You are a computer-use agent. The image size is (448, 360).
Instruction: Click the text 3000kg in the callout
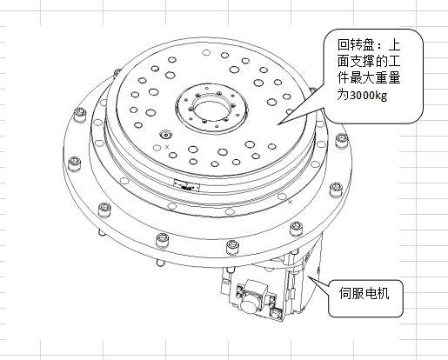coord(369,95)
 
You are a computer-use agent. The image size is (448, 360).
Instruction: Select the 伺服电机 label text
coord(364,293)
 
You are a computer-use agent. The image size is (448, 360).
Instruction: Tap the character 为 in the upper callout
coord(344,95)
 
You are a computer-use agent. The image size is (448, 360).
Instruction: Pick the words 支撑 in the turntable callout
coord(363,62)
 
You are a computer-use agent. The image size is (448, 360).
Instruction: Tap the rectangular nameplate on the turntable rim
coord(187,185)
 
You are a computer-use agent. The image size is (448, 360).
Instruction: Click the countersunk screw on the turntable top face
coord(166,135)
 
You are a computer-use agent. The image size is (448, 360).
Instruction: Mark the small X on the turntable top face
coord(167,147)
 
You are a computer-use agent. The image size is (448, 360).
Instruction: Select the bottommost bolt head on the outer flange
coord(233,248)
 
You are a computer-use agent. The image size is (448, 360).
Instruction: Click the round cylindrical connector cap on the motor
coord(251,303)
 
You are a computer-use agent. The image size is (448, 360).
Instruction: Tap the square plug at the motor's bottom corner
coord(276,314)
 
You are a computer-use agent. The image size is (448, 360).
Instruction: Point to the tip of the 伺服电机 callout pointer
coord(308,277)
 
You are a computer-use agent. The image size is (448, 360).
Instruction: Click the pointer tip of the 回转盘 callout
coord(277,124)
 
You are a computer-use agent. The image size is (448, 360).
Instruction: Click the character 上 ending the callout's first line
coord(394,45)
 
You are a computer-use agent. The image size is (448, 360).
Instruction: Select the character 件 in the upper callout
coord(344,78)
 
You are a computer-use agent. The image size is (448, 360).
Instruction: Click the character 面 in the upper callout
coord(344,62)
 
